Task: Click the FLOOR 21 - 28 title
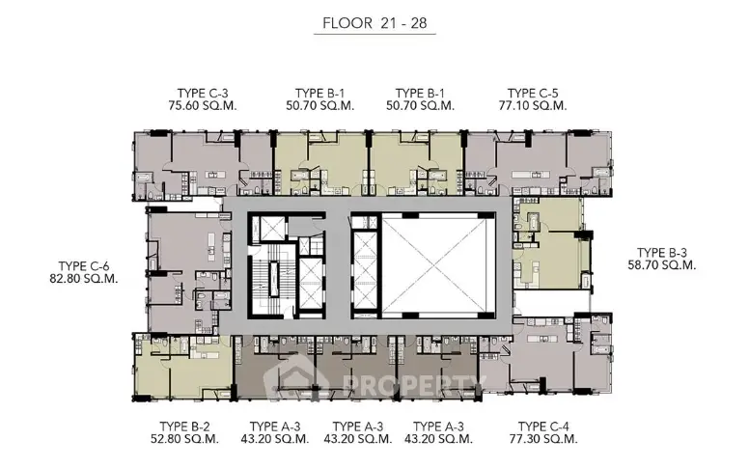pos(374,23)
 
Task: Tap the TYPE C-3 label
pos(203,94)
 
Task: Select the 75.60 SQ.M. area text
pos(203,105)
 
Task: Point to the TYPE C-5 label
pos(533,94)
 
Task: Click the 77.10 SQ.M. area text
pos(533,105)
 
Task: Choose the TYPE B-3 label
pos(662,253)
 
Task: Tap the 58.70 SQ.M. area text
pos(662,265)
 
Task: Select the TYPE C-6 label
pos(84,266)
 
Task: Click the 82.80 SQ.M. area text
pos(84,279)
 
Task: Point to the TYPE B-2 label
pos(185,427)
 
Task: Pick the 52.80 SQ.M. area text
pos(185,439)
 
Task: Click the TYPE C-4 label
pos(543,427)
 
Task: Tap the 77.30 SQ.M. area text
pos(543,439)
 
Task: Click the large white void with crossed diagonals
pos(438,266)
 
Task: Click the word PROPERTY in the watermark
pos(414,385)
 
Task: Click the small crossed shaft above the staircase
pos(270,230)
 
